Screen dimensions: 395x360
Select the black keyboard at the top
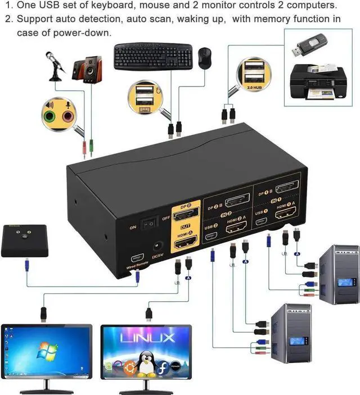(x=152, y=56)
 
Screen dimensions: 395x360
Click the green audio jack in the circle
(x=51, y=116)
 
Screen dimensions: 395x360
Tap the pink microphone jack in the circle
(x=68, y=116)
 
